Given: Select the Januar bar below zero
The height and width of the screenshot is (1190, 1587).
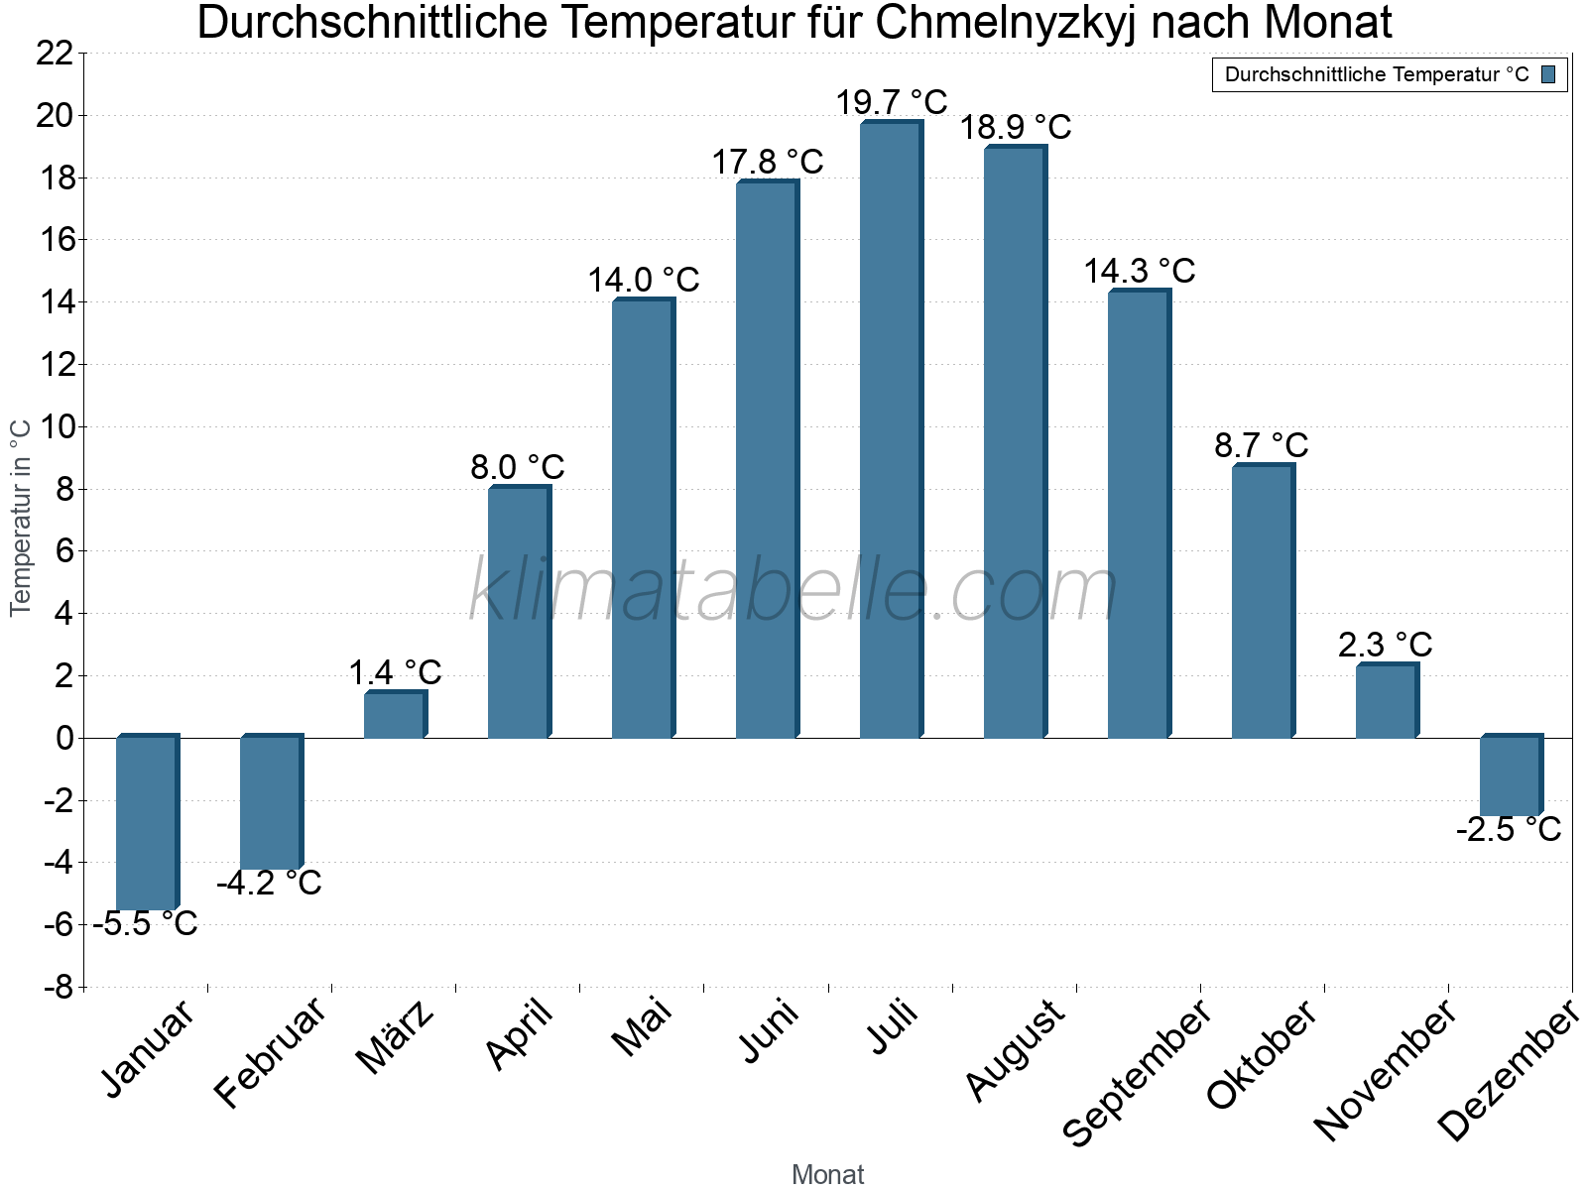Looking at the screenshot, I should click(x=146, y=822).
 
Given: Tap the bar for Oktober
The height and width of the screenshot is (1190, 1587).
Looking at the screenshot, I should click(x=1262, y=602).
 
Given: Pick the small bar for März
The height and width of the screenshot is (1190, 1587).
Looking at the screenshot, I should click(x=394, y=715).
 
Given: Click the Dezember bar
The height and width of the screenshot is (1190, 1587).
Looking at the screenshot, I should click(x=1510, y=776).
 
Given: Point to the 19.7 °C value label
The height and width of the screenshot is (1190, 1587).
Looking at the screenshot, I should click(x=891, y=102).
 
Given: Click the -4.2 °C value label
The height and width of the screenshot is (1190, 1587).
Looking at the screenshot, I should click(x=269, y=883).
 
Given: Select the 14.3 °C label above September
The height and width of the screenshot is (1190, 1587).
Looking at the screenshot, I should click(x=1139, y=271).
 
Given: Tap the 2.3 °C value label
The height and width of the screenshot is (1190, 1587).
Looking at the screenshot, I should click(x=1385, y=645).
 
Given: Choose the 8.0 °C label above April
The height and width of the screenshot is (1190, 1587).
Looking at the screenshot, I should click(x=517, y=466).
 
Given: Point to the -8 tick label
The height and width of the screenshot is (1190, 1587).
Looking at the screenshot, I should click(x=59, y=987).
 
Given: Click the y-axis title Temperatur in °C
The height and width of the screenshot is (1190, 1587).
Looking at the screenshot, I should click(x=21, y=518).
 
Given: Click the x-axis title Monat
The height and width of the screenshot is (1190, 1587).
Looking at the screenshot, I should click(x=827, y=1175).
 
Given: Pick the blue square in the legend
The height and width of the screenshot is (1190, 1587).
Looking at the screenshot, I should click(x=1548, y=74).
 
